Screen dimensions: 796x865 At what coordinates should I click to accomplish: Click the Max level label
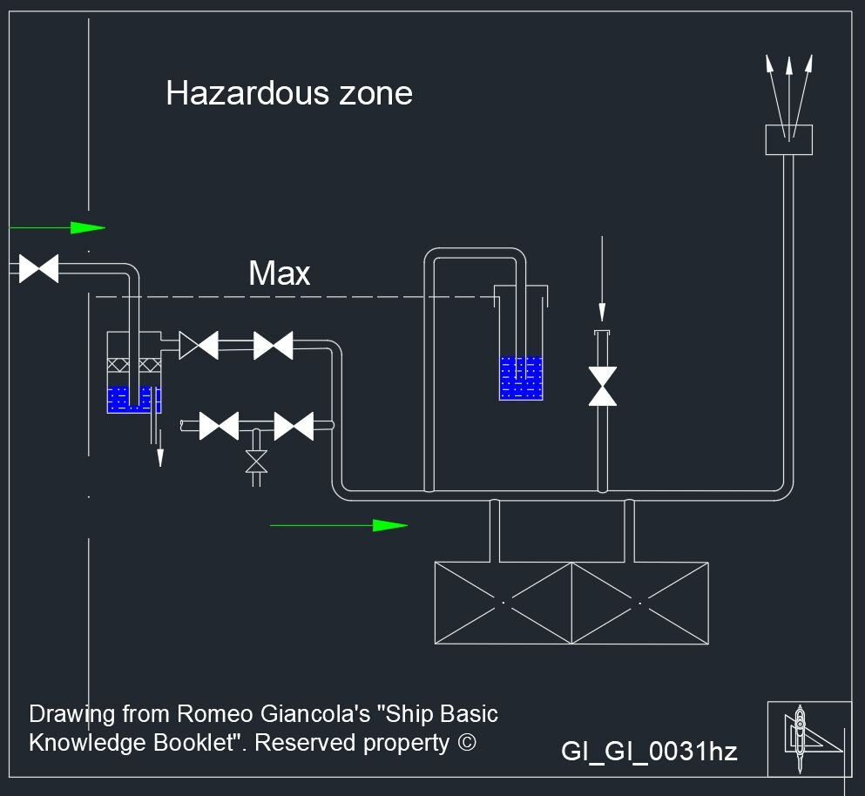(x=279, y=273)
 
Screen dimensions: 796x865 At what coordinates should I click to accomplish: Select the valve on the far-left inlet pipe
(x=38, y=268)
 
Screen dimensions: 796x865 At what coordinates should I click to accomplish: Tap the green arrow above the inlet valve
(x=86, y=228)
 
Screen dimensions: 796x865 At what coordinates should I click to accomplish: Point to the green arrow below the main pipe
(x=389, y=525)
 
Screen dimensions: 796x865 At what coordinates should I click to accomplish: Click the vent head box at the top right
(x=788, y=139)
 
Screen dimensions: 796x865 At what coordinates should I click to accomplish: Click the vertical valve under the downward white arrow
(x=602, y=386)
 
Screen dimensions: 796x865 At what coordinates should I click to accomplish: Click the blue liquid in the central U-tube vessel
(x=521, y=379)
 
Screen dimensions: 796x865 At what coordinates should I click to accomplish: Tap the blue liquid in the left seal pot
(x=132, y=400)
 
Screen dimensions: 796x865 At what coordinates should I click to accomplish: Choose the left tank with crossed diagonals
(x=503, y=603)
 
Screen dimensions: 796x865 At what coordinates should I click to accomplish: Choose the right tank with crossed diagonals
(x=639, y=603)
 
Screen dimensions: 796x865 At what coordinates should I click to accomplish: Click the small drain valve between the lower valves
(x=255, y=461)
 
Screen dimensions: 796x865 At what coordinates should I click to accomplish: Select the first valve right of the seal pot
(x=199, y=346)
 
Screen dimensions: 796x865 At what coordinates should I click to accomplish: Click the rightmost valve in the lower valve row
(x=294, y=427)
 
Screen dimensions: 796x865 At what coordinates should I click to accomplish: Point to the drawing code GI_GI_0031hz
(x=649, y=751)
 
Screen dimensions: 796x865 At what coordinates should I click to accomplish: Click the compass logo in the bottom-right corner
(x=808, y=739)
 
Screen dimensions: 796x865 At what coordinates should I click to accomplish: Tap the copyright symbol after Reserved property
(x=467, y=743)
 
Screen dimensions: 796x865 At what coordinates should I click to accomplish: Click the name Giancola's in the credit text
(x=316, y=714)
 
